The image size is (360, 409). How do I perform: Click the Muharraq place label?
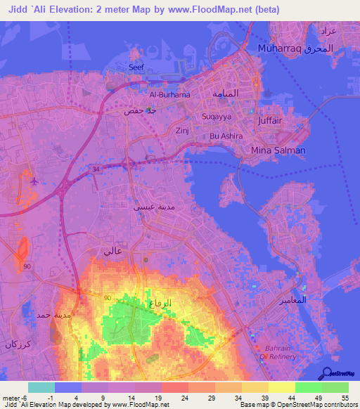coord(278,49)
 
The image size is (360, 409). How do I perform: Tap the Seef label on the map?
coord(136,67)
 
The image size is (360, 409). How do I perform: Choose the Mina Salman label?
coord(278,150)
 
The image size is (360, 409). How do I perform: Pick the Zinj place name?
coord(182,131)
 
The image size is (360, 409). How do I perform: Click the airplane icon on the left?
coord(34,181)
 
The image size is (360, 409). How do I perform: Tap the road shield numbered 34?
coord(96,169)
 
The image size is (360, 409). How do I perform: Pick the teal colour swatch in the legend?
coord(41,387)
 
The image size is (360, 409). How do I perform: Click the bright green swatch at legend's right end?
coord(335,387)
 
